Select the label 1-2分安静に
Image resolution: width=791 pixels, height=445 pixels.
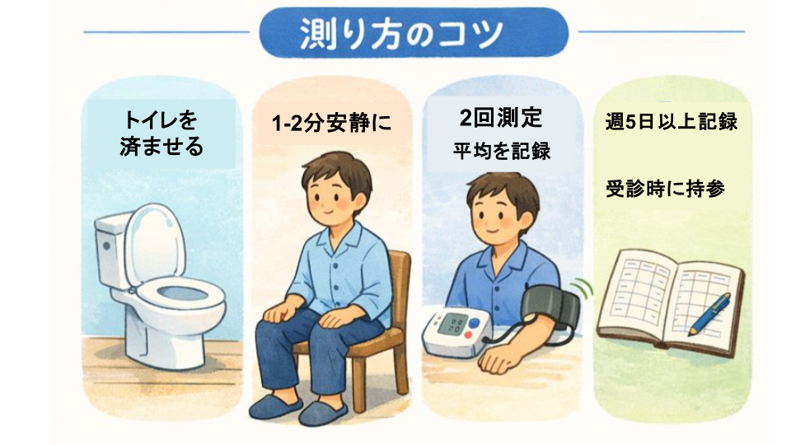coord(330,124)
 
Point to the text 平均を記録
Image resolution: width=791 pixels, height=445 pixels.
coord(501,152)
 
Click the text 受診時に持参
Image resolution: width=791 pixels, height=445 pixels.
coord(665,188)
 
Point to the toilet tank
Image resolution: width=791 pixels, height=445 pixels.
coord(110,239)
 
